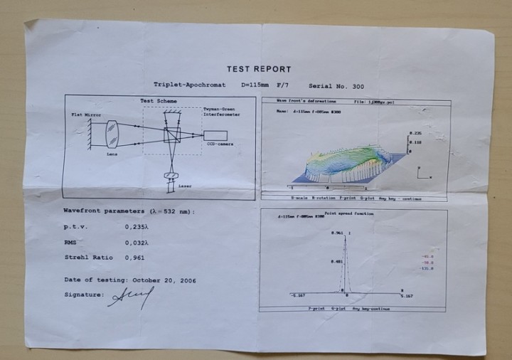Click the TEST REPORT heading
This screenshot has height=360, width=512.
(x=259, y=69)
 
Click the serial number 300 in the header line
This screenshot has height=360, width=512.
(x=357, y=85)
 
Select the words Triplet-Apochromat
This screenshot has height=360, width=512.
(x=190, y=85)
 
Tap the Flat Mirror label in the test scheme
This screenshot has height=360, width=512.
(x=86, y=114)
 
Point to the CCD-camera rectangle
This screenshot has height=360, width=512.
(x=215, y=135)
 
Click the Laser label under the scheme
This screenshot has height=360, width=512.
(x=185, y=186)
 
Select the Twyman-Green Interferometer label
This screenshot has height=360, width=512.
(x=221, y=112)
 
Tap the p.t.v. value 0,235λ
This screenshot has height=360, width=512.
(x=137, y=227)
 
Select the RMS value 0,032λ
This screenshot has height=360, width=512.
(x=137, y=243)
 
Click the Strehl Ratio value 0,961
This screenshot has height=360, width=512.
(x=134, y=258)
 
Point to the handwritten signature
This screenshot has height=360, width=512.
(x=132, y=297)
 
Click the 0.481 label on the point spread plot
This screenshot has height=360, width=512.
(x=336, y=262)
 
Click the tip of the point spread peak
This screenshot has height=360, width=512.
(x=346, y=235)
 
